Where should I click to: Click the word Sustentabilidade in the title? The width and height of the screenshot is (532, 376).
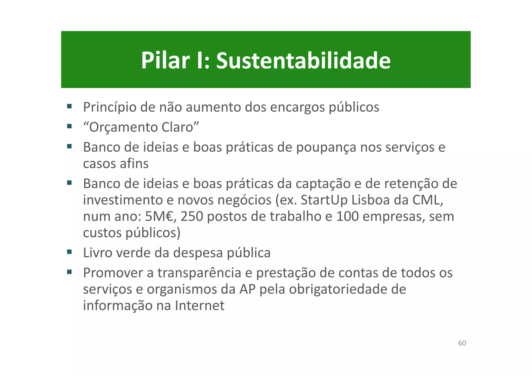pos(303,61)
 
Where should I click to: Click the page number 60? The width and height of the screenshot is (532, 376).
pos(462,343)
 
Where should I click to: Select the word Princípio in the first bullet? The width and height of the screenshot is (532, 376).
pos(110,107)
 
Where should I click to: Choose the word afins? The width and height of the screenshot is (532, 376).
pos(134,164)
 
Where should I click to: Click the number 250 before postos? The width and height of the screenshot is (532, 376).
pos(192,216)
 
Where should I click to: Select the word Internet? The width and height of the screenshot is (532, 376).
pos(199,306)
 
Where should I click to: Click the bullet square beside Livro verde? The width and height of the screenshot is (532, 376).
pos(69,252)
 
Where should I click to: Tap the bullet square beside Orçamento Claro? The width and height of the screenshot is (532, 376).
pos(69,126)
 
